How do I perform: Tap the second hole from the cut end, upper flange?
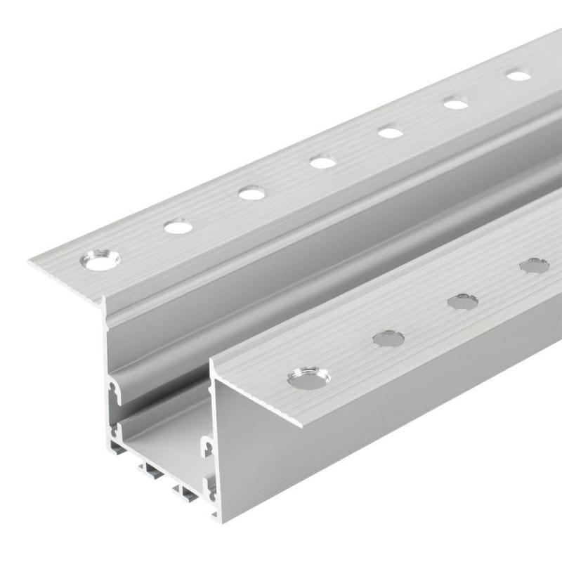coord(178,226)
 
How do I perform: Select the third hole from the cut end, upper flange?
coord(251,192)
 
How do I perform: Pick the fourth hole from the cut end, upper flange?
coord(322,162)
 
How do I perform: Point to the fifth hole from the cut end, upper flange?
coord(391,131)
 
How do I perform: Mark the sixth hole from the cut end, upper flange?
coord(456,104)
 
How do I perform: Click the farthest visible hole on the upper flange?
coord(518,75)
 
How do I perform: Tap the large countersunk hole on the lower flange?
coord(308,378)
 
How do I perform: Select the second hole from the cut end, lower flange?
coord(388,339)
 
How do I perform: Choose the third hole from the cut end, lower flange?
coord(462,301)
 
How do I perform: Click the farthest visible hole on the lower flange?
coord(534,266)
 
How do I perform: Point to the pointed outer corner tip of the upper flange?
coord(30,263)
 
